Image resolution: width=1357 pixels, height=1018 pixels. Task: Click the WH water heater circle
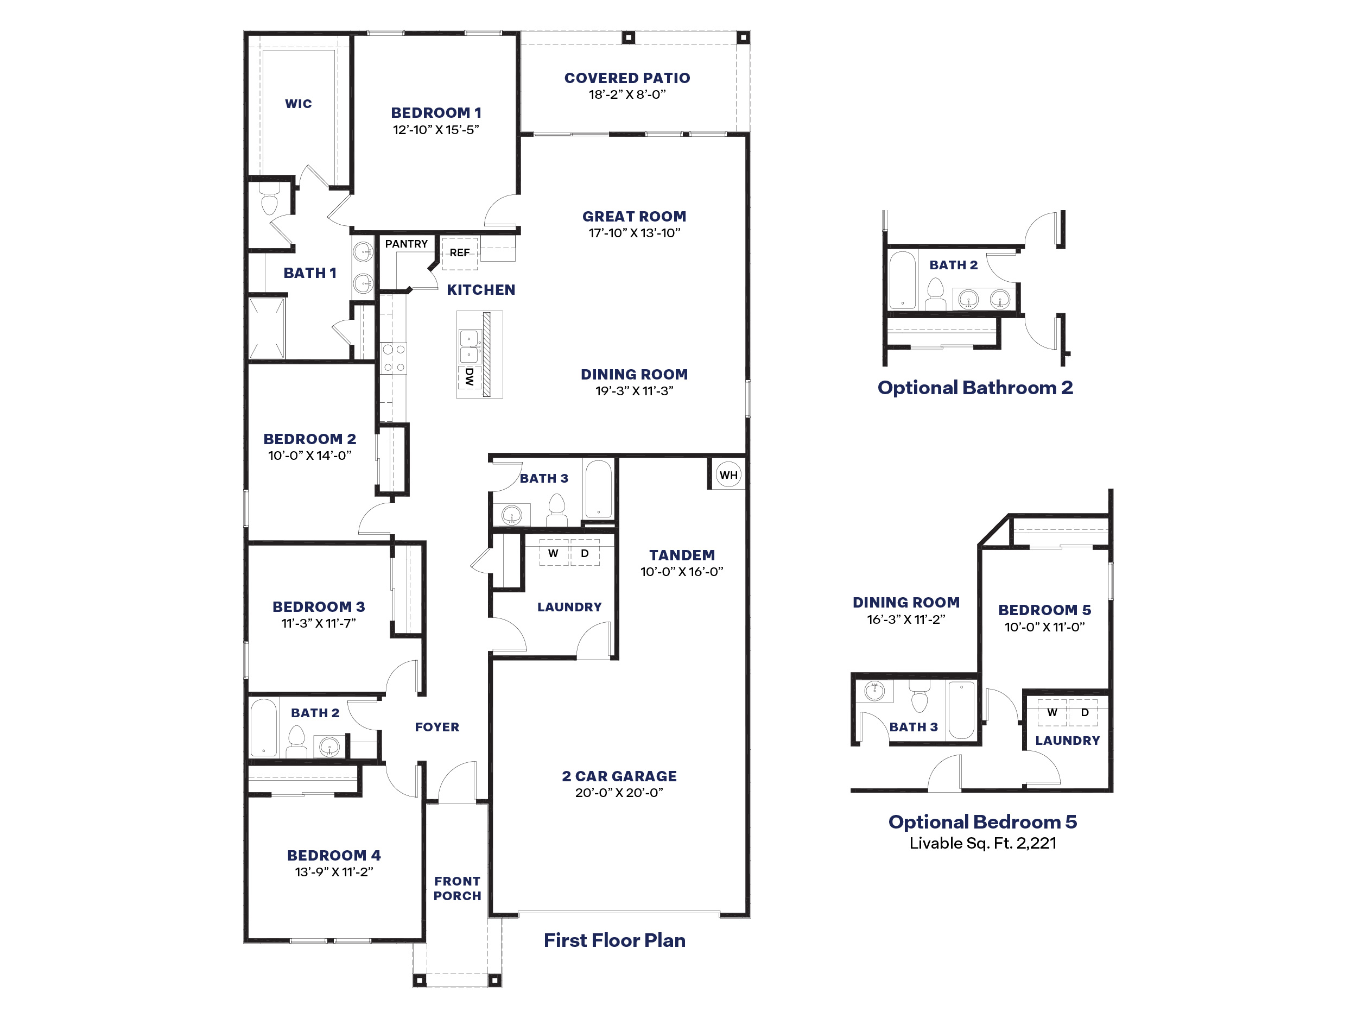tap(728, 475)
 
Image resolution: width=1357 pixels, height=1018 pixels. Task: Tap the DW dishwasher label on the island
tap(470, 376)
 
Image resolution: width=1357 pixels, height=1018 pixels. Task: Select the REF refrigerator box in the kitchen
tap(460, 253)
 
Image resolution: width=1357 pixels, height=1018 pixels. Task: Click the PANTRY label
tap(406, 244)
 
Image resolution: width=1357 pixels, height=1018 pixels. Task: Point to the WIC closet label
tap(298, 104)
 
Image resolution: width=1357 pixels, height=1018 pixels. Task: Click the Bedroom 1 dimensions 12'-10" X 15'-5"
tap(435, 129)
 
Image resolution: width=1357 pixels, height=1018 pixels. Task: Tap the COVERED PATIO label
tap(627, 78)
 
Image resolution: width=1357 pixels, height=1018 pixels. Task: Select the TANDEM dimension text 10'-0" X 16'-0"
tap(682, 571)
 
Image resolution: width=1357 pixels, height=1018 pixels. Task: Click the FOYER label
tap(437, 727)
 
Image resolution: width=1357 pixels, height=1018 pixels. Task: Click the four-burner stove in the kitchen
tap(393, 358)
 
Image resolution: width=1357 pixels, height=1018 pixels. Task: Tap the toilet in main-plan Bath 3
tap(556, 508)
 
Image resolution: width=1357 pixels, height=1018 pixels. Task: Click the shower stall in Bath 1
tap(267, 328)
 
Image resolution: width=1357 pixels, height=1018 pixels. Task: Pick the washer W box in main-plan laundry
tap(553, 553)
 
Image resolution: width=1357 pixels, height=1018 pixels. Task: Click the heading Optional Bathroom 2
tap(975, 388)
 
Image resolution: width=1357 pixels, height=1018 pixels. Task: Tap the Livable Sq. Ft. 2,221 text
tap(983, 843)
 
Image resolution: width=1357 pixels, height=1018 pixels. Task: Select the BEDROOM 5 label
tap(1044, 610)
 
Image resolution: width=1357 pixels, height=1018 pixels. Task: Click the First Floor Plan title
tap(614, 940)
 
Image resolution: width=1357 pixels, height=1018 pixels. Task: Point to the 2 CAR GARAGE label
tap(619, 776)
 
